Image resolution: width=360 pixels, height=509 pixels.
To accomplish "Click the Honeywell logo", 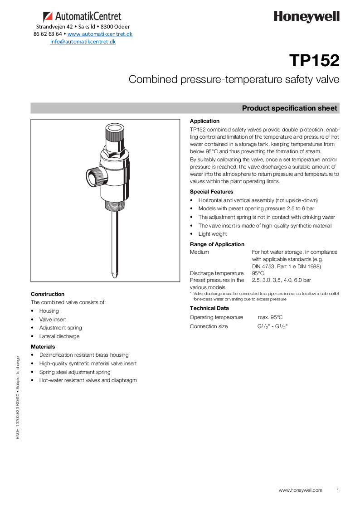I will (306, 17).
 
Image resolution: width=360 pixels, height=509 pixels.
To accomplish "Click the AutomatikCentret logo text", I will (88, 17).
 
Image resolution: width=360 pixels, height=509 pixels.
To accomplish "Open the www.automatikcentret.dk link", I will (100, 34).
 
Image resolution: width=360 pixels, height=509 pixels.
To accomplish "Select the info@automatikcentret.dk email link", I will (83, 42).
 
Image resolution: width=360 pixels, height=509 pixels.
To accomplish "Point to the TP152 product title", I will (314, 61).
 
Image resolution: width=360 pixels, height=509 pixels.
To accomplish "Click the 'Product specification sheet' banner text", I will (289, 108).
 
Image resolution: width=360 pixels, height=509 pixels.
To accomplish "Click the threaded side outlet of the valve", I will (93, 176).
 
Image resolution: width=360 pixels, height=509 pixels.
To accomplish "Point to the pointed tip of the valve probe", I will (114, 275).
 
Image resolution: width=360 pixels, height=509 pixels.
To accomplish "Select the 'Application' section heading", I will (204, 121).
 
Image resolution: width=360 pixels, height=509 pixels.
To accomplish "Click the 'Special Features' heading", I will (211, 192).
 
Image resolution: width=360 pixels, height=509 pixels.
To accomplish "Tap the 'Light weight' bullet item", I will (213, 234).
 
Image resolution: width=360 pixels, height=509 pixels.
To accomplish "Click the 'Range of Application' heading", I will (217, 244).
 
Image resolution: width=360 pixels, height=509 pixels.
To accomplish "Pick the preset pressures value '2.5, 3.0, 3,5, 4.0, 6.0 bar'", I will (281, 280).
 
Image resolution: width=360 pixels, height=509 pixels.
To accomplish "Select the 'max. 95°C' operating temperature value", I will (270, 317).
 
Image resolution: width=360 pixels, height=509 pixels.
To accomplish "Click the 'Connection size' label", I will (209, 326).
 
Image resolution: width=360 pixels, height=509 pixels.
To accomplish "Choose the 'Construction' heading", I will (48, 294).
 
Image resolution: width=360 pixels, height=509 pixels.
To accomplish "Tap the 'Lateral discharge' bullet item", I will (59, 336).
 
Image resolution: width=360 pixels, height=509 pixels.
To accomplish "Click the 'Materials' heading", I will (43, 347).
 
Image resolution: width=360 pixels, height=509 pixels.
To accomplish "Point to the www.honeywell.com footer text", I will (300, 490).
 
